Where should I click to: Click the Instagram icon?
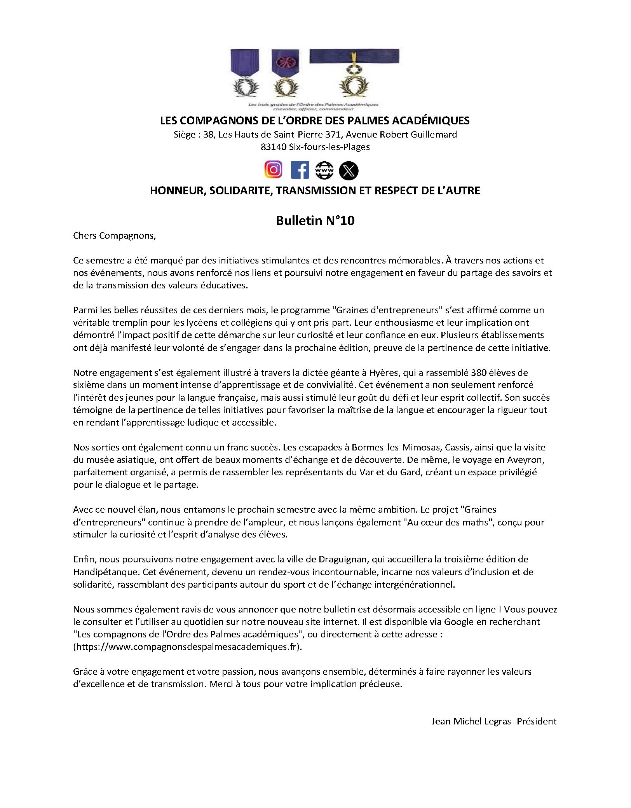pyautogui.click(x=273, y=170)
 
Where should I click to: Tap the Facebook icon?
pyautogui.click(x=300, y=170)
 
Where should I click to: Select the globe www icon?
pyautogui.click(x=324, y=170)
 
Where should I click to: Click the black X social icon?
pyautogui.click(x=349, y=171)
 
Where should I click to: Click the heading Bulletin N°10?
pyautogui.click(x=315, y=221)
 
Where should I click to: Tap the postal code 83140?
pyautogui.click(x=274, y=147)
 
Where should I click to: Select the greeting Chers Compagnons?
pyautogui.click(x=114, y=236)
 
